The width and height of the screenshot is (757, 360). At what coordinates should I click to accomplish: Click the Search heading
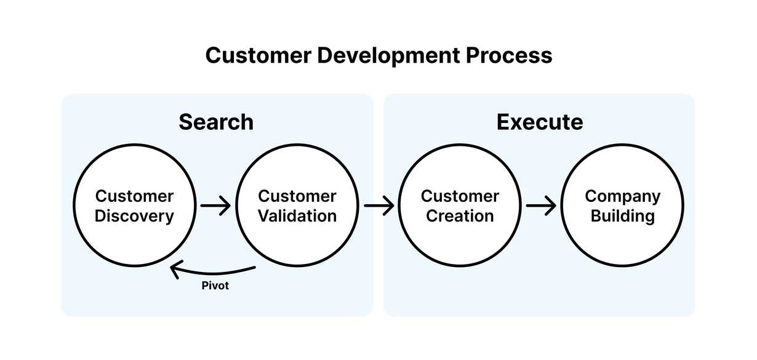pyautogui.click(x=216, y=122)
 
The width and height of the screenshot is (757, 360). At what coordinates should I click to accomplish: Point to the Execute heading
pyautogui.click(x=540, y=122)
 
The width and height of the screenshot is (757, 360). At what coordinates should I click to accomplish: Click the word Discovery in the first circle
pyautogui.click(x=134, y=217)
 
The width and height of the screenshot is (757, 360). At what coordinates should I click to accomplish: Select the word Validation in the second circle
pyautogui.click(x=297, y=217)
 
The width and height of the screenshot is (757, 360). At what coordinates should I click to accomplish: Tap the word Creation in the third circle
pyautogui.click(x=460, y=217)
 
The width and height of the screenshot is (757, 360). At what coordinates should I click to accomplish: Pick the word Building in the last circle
pyautogui.click(x=623, y=217)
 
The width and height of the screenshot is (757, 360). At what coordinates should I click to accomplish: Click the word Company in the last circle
pyautogui.click(x=623, y=196)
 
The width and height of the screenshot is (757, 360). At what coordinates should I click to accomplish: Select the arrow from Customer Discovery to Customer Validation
pyautogui.click(x=215, y=206)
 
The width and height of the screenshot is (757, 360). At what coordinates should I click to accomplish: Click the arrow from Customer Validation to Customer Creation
pyautogui.click(x=378, y=206)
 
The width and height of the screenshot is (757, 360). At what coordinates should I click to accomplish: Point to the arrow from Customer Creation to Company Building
pyautogui.click(x=541, y=206)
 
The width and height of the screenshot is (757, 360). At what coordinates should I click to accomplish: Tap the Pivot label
pyautogui.click(x=215, y=286)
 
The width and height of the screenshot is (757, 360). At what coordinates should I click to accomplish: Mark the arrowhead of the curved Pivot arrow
pyautogui.click(x=175, y=269)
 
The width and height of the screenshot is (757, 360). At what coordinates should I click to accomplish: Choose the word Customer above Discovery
pyautogui.click(x=134, y=196)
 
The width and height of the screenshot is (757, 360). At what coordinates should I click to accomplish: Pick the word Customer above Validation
pyautogui.click(x=297, y=196)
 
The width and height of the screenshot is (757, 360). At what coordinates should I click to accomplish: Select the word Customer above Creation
pyautogui.click(x=460, y=196)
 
